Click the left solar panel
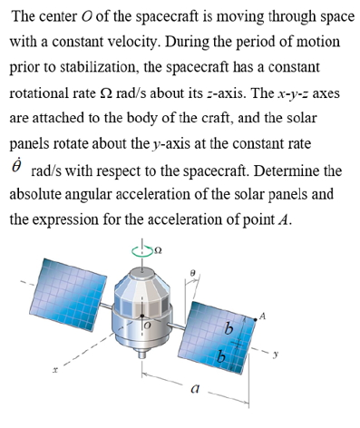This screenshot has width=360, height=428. click(x=63, y=290)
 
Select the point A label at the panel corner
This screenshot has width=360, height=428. click(x=264, y=315)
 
